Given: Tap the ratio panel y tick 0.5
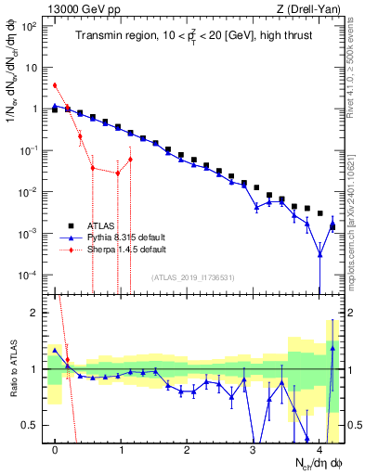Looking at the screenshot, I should pyautogui.click(x=35, y=425).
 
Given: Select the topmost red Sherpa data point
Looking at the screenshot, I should pyautogui.click(x=55, y=85).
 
